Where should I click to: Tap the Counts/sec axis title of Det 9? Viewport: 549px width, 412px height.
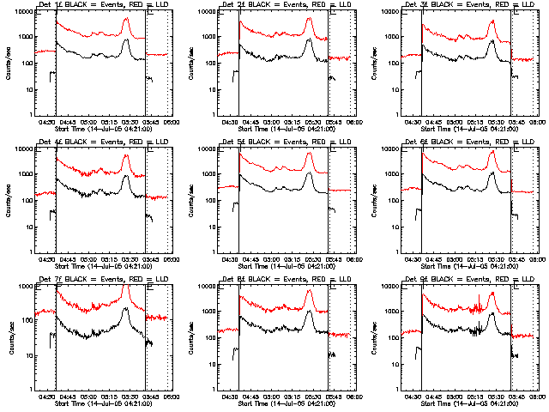[375, 341]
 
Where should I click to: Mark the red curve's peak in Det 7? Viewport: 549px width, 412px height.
[127, 287]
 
